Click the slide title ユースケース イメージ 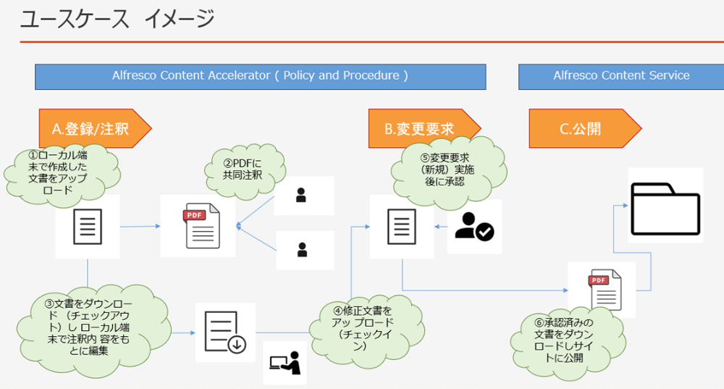117,19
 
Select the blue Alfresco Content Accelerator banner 261,77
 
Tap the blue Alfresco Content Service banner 621,77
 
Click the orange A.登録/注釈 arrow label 95,128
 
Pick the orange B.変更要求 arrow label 424,128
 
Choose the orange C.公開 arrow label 585,128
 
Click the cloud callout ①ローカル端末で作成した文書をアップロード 62,173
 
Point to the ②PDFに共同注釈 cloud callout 245,170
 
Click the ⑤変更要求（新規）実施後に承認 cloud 448,170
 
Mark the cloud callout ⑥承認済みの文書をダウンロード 568,341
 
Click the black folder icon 665,209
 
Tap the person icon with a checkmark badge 474,227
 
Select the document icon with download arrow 225,332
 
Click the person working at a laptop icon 285,363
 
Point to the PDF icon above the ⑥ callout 605,290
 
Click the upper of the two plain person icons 301,195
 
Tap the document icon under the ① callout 88,227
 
